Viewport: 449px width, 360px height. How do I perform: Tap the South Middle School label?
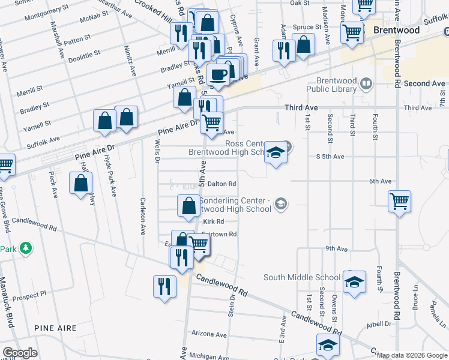click(x=302, y=277)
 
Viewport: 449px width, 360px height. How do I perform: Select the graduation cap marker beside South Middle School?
click(x=354, y=283)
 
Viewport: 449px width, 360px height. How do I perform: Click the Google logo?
click(x=19, y=353)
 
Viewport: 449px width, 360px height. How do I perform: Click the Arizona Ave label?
click(x=209, y=334)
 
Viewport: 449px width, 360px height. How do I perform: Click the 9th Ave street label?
click(x=337, y=248)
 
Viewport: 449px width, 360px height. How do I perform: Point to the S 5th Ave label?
click(x=330, y=157)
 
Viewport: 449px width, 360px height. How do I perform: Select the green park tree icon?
click(x=25, y=247)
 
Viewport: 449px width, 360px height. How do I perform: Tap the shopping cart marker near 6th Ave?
click(x=399, y=202)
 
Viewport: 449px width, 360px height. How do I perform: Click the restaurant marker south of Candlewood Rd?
click(x=164, y=286)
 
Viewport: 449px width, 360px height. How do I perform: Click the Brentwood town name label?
click(x=396, y=30)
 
